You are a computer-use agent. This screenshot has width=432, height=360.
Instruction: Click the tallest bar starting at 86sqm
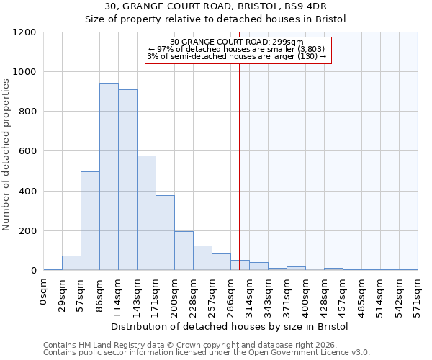point(109,176)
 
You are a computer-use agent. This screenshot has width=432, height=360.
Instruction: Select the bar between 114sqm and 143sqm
point(127,180)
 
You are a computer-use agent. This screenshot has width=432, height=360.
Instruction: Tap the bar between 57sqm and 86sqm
point(90,221)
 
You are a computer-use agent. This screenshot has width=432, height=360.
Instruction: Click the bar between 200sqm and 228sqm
point(184,251)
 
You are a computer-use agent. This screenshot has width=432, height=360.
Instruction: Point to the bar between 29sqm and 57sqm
point(71,263)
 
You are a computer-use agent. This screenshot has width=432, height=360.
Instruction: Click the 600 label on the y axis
point(27,152)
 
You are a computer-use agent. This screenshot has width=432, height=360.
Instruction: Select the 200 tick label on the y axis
point(27,231)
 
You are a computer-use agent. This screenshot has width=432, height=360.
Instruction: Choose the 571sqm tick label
point(418,294)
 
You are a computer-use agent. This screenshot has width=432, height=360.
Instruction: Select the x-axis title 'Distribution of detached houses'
point(230,326)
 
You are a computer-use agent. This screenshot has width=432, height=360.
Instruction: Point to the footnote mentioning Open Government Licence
point(207,352)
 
